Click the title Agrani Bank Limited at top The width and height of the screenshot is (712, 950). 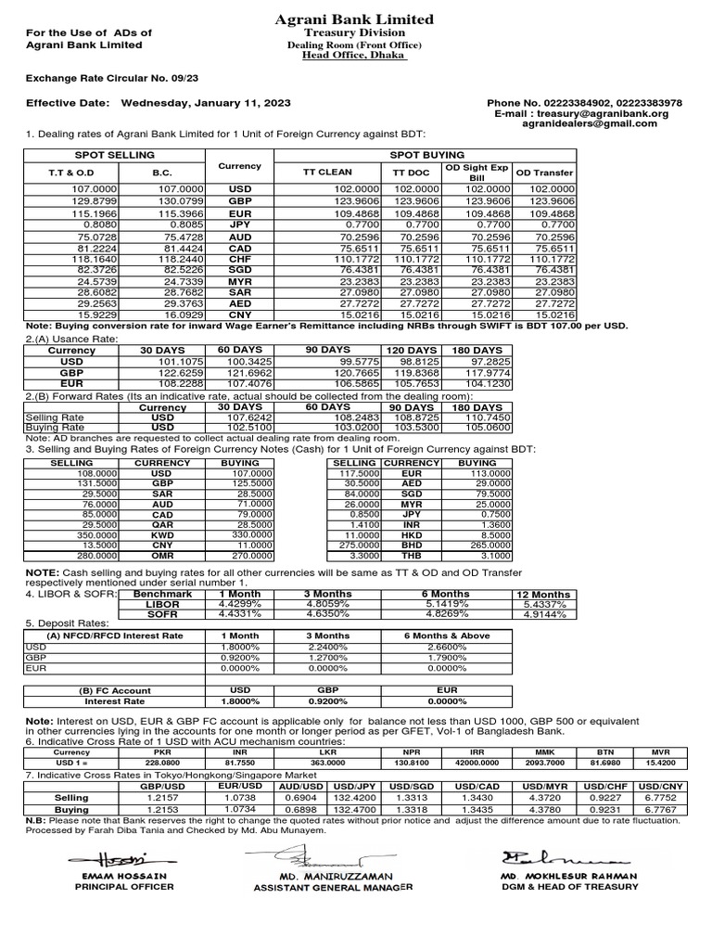(356, 19)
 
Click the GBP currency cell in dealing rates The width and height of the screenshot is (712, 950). (240, 200)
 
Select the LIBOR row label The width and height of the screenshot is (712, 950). (162, 603)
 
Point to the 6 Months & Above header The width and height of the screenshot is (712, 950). (446, 635)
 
